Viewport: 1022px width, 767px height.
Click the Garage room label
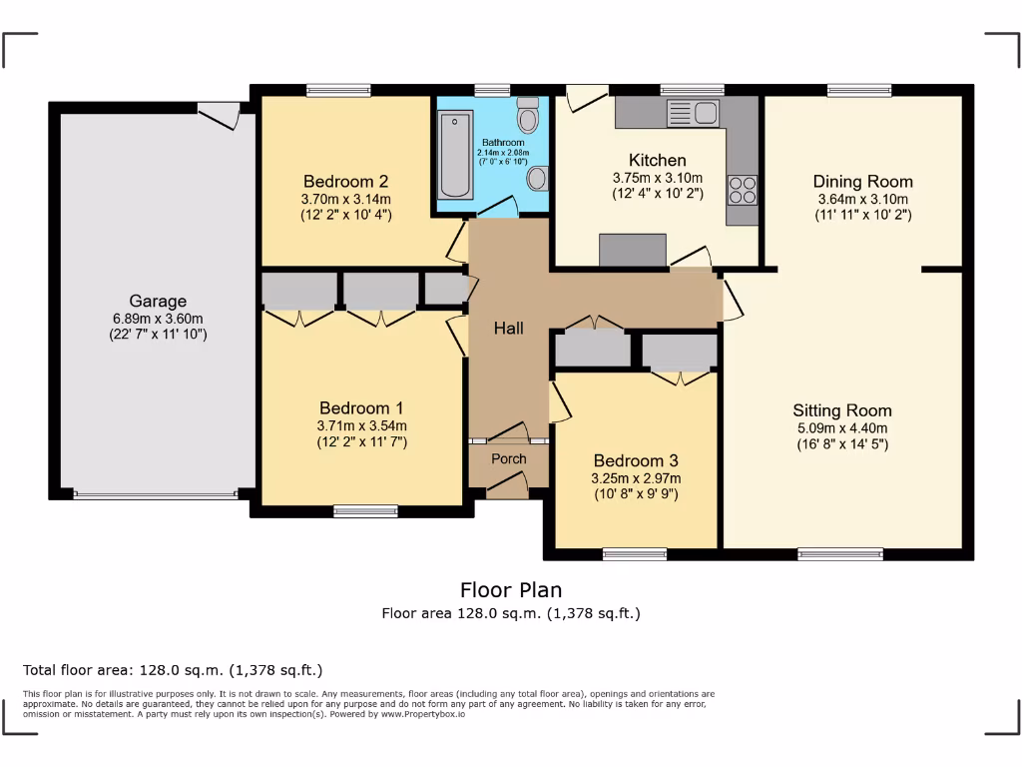[158, 301]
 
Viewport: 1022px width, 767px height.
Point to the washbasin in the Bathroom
[537, 179]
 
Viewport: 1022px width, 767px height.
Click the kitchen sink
[692, 111]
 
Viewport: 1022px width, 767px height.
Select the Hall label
[508, 328]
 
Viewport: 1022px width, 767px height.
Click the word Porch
[508, 459]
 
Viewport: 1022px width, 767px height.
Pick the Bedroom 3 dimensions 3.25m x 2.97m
[636, 477]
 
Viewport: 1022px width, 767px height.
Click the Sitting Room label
[842, 410]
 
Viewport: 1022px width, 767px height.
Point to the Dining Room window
[859, 90]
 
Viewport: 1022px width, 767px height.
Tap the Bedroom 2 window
[338, 90]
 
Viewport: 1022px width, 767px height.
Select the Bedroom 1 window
[365, 511]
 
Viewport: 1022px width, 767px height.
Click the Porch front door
[508, 486]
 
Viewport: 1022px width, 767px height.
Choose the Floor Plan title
[511, 590]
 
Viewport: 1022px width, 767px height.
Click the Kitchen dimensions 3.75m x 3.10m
[657, 178]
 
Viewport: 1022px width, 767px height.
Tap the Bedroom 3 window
[635, 553]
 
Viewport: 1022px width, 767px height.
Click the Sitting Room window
[840, 553]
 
